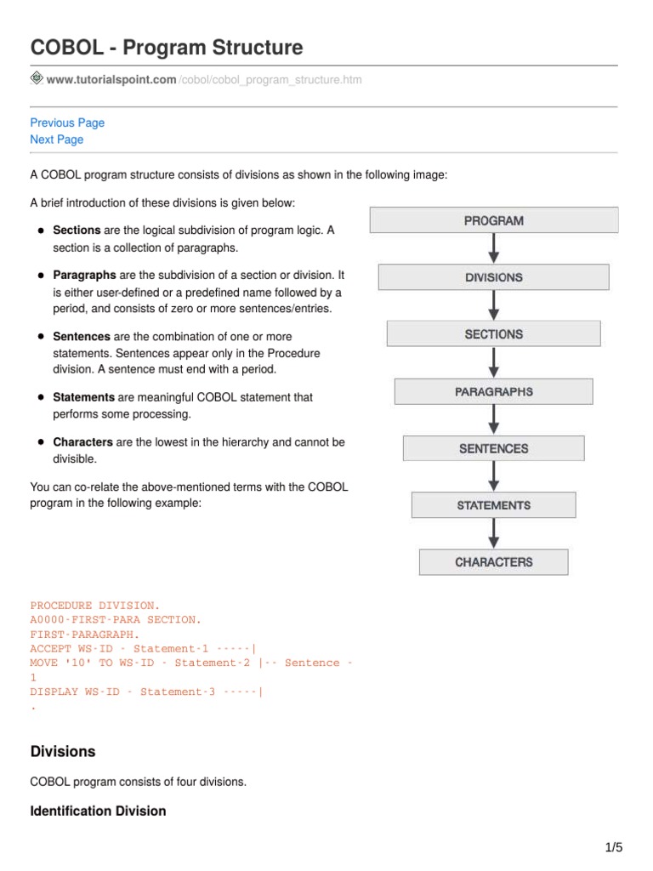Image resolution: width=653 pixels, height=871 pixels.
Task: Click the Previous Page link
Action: tap(67, 122)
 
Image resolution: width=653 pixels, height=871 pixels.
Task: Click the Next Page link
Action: tap(57, 139)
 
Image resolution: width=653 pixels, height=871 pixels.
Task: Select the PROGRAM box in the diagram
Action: tap(493, 220)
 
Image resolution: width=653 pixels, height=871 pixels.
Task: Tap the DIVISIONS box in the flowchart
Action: tap(493, 277)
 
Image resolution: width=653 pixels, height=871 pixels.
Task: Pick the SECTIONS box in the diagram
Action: tap(493, 334)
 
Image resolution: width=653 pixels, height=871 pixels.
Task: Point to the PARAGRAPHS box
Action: tap(493, 391)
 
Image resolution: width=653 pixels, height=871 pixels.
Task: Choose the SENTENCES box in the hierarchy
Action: tap(493, 448)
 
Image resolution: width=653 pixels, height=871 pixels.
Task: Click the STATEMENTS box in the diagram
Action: tap(493, 505)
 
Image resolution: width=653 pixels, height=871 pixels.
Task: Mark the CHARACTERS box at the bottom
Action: tap(493, 562)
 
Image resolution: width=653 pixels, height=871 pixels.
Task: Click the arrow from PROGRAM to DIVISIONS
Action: tap(494, 248)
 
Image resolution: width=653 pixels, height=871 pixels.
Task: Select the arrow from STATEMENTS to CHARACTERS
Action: tap(494, 533)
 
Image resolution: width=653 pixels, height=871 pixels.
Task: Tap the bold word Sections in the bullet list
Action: tap(77, 231)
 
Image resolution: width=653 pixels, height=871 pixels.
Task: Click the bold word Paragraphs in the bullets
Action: tap(84, 276)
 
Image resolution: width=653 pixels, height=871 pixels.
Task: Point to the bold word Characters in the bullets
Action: tap(82, 442)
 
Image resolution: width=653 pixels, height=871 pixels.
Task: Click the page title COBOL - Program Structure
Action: tap(167, 48)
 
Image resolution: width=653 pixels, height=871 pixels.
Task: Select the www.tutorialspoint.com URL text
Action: tap(111, 80)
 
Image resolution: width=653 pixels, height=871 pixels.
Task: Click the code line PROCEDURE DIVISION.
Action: tap(95, 606)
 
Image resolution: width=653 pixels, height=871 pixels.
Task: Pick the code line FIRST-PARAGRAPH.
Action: tap(85, 635)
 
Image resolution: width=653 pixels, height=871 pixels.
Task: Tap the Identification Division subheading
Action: tap(98, 811)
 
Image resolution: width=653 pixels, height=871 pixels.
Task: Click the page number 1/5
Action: tap(613, 847)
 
